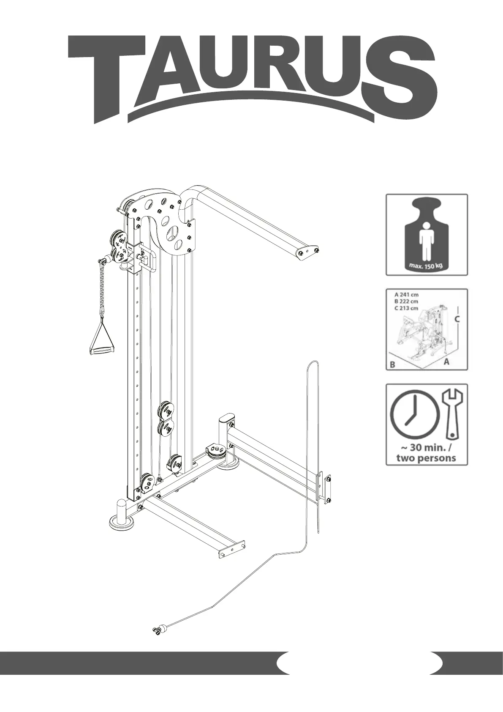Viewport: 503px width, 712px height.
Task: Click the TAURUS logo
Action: click(x=252, y=78)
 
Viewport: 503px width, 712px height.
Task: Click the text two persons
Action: click(x=426, y=457)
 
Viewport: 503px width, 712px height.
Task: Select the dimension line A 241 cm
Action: click(x=406, y=294)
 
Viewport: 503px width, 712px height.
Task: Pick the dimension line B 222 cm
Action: click(x=406, y=301)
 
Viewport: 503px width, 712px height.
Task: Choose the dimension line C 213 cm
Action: click(x=406, y=308)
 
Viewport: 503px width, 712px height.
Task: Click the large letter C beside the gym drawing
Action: click(x=457, y=320)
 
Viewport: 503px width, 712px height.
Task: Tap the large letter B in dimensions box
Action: click(x=392, y=364)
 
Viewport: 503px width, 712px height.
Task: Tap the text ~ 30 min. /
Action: click(x=426, y=448)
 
